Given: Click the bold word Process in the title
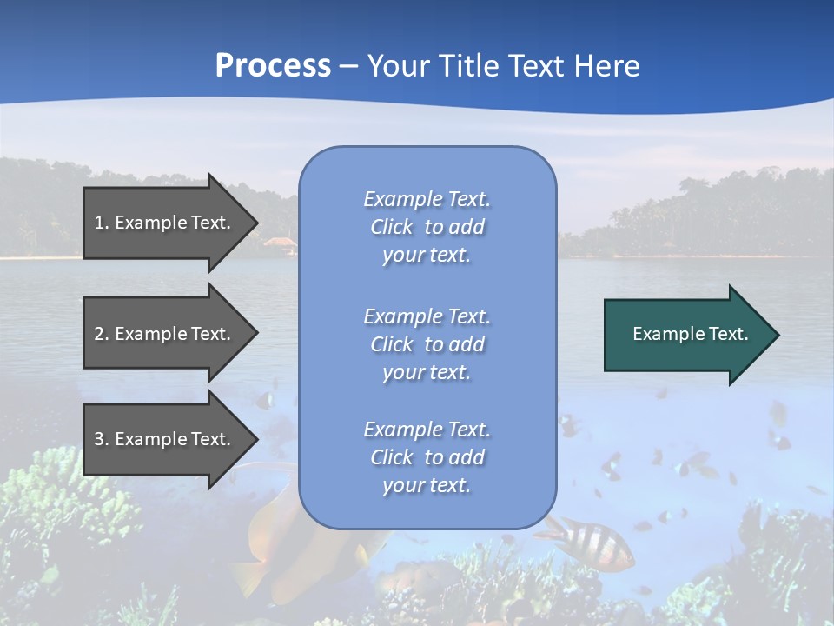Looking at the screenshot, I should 273,66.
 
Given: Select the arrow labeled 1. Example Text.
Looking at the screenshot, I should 165,223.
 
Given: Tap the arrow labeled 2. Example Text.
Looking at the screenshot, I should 165,334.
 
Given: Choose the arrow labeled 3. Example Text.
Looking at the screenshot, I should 165,439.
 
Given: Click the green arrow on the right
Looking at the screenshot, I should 686,334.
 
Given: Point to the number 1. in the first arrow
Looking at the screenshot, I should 102,223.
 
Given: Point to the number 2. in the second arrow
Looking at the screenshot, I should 102,334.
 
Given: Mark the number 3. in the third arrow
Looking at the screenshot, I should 102,439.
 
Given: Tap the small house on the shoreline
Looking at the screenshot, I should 280,245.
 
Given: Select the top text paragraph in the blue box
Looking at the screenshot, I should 427,227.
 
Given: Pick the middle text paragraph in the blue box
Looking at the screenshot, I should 427,344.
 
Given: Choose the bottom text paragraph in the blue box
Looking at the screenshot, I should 427,457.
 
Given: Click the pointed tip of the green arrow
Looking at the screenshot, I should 776,335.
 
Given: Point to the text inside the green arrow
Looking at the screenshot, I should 691,334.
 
